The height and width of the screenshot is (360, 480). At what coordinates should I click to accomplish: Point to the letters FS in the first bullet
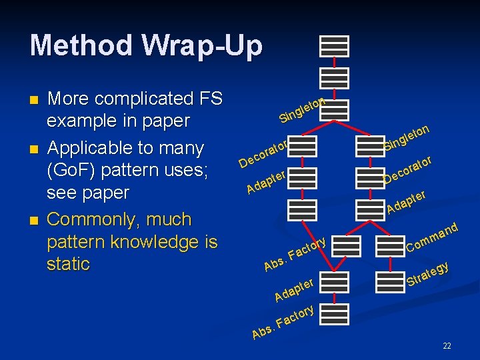(209, 99)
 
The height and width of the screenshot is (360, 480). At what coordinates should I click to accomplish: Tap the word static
(68, 264)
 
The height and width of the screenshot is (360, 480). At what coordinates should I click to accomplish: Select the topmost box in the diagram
(334, 45)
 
